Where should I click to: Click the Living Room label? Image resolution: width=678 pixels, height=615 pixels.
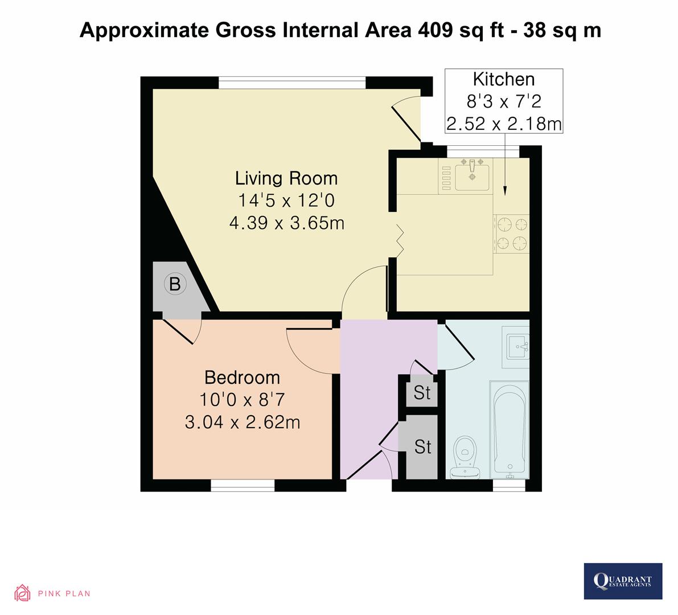click(286, 178)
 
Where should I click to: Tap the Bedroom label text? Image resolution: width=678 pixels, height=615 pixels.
click(242, 378)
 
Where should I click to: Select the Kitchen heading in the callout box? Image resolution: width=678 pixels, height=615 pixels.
click(504, 79)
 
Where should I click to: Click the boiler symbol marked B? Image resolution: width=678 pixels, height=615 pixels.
click(175, 284)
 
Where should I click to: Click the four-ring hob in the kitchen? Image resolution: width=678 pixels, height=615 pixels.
click(511, 233)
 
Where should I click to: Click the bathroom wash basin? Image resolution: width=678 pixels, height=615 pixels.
click(517, 345)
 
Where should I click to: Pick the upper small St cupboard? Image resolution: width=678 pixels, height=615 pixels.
click(422, 392)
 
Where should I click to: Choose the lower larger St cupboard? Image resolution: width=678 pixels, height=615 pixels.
click(422, 447)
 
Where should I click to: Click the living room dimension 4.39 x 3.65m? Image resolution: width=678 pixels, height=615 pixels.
click(286, 223)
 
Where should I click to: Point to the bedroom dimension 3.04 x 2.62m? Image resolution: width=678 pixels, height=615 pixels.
click(242, 422)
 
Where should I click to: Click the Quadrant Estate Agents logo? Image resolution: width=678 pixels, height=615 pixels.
click(623, 581)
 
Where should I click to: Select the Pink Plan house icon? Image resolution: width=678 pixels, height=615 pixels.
click(22, 593)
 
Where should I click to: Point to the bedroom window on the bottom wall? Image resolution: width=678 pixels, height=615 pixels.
click(243, 485)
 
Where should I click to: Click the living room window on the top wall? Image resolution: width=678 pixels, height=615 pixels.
click(291, 83)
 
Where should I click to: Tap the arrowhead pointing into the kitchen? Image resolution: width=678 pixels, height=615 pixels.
click(505, 192)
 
